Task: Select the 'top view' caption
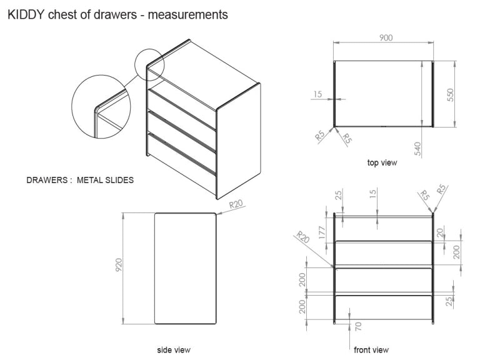381,162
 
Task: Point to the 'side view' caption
174,349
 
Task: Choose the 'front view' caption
371,349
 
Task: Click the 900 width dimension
386,37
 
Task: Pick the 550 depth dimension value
450,94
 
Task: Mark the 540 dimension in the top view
418,148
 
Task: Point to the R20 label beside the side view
236,204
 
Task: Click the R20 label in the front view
302,237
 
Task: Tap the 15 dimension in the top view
317,94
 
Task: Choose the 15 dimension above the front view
373,194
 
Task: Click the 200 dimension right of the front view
457,252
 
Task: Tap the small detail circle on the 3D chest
149,64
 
